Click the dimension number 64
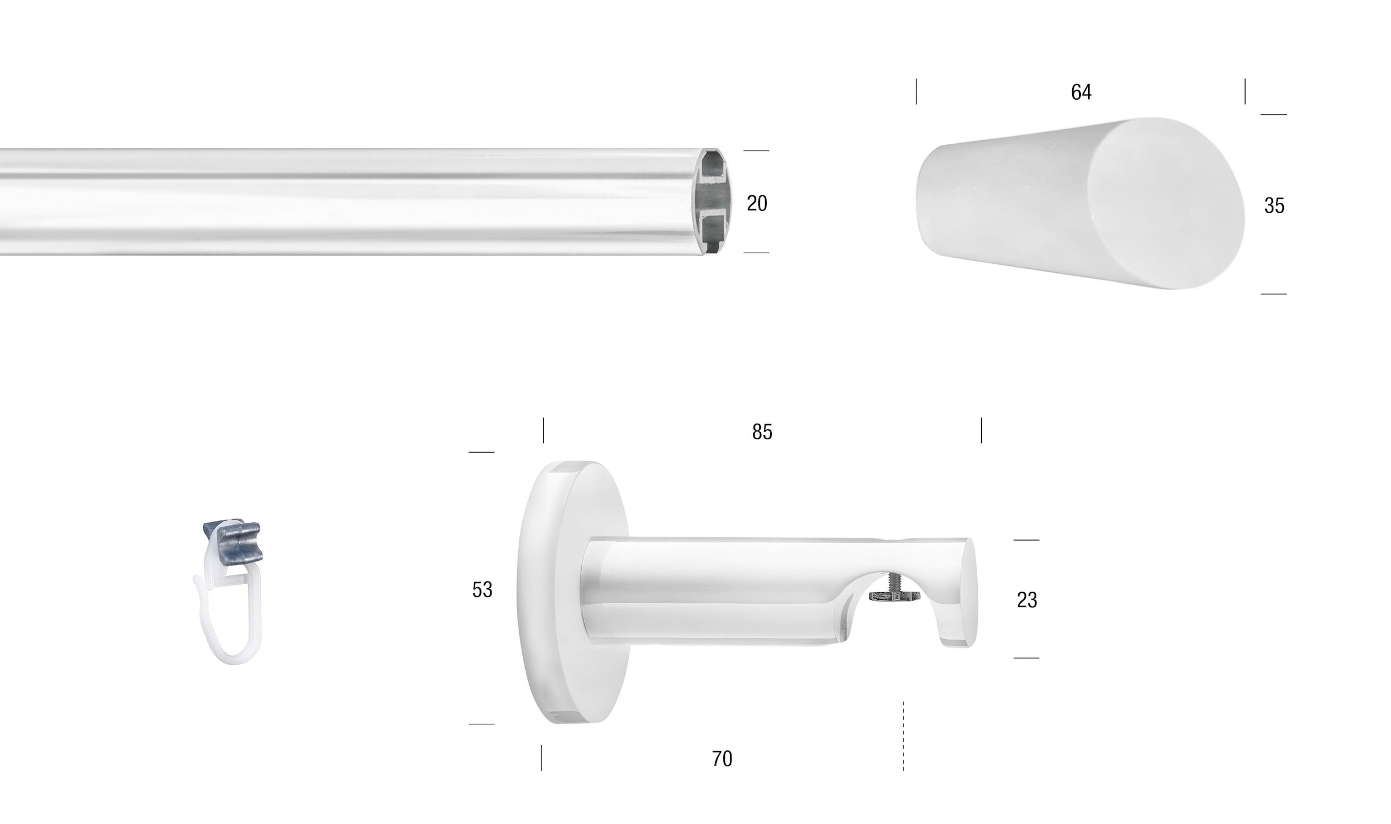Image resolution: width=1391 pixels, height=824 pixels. pyautogui.click(x=1081, y=92)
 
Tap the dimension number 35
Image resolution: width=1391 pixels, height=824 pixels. pyautogui.click(x=1274, y=206)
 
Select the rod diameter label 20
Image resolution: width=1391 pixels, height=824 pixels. pyautogui.click(x=757, y=203)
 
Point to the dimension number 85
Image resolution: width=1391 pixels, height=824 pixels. pyautogui.click(x=762, y=432)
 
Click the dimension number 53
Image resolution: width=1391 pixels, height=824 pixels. pyautogui.click(x=482, y=590)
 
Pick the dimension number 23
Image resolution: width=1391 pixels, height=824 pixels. pyautogui.click(x=1026, y=600)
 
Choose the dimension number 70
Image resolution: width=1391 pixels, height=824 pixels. pyautogui.click(x=722, y=759)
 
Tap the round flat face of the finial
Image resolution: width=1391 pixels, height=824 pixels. pyautogui.click(x=1166, y=203)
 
